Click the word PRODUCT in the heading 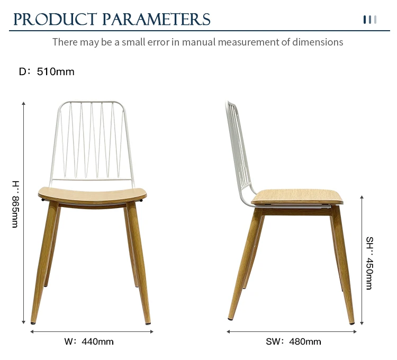pos(55,20)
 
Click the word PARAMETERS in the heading pos(157,20)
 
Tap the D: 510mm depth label pos(47,71)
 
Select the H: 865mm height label pos(15,204)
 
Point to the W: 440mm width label pos(89,341)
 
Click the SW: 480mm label pos(293,341)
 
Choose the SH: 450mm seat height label pos(369,263)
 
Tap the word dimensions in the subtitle pos(318,42)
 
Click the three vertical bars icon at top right pos(370,20)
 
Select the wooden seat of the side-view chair pos(297,197)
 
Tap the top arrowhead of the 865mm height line pos(23,103)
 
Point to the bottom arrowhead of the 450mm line pos(362,323)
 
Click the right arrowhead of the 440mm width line pos(152,331)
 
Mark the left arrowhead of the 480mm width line pos(228,331)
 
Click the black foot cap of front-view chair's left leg pos(33,323)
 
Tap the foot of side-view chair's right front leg pos(351,323)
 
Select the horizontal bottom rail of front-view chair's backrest pos(91,180)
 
